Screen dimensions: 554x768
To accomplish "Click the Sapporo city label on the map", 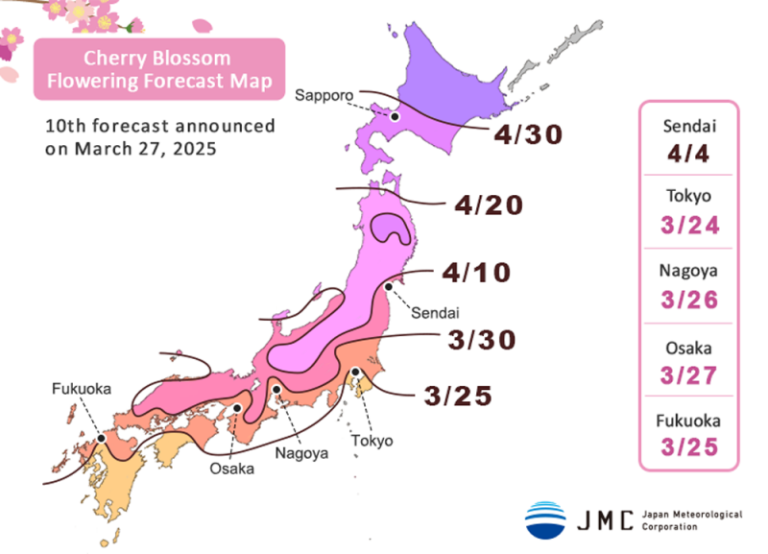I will [324, 94].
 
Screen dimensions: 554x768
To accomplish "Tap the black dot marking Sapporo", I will [395, 116].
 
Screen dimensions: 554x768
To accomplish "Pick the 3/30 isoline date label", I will [482, 339].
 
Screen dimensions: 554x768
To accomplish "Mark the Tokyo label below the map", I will [372, 441].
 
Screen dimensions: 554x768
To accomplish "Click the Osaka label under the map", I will [233, 469].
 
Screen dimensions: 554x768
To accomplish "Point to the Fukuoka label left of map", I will [81, 389].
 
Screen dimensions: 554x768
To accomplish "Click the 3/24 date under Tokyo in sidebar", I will [688, 226].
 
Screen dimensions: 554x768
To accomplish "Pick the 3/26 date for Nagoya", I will [688, 300].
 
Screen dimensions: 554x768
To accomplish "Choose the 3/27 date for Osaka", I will [688, 373].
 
